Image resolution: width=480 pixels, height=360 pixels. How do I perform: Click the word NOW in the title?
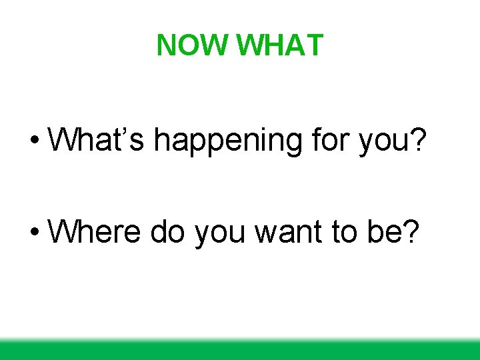point(193,45)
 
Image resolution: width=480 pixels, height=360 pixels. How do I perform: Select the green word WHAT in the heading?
point(280,45)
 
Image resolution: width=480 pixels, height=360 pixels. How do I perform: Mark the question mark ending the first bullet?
point(417,140)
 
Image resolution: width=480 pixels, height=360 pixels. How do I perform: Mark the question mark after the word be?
point(411,232)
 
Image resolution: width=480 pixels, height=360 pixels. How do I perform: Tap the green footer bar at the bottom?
point(240,350)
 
